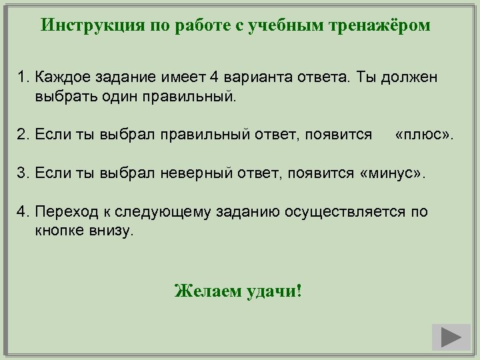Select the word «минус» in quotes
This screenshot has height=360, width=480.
click(x=395, y=173)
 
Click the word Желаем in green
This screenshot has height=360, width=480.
click(x=204, y=291)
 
